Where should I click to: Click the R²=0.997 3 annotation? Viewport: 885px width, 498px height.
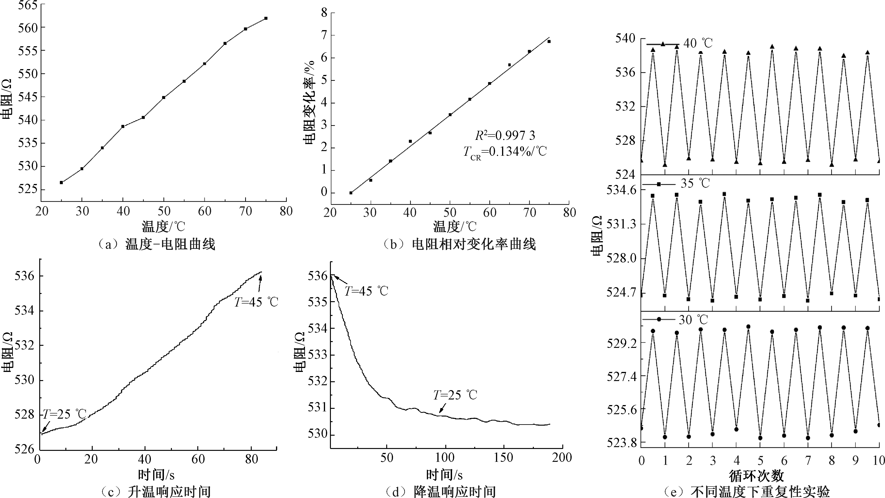click(x=505, y=136)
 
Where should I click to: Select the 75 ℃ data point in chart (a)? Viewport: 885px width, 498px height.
click(x=266, y=18)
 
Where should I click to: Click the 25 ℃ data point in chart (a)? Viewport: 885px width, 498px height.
click(x=61, y=182)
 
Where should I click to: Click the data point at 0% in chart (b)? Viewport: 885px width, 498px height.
click(x=351, y=193)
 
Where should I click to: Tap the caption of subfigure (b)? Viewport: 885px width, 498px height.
click(x=459, y=244)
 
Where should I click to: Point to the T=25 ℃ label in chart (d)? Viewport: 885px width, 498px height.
click(x=455, y=395)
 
